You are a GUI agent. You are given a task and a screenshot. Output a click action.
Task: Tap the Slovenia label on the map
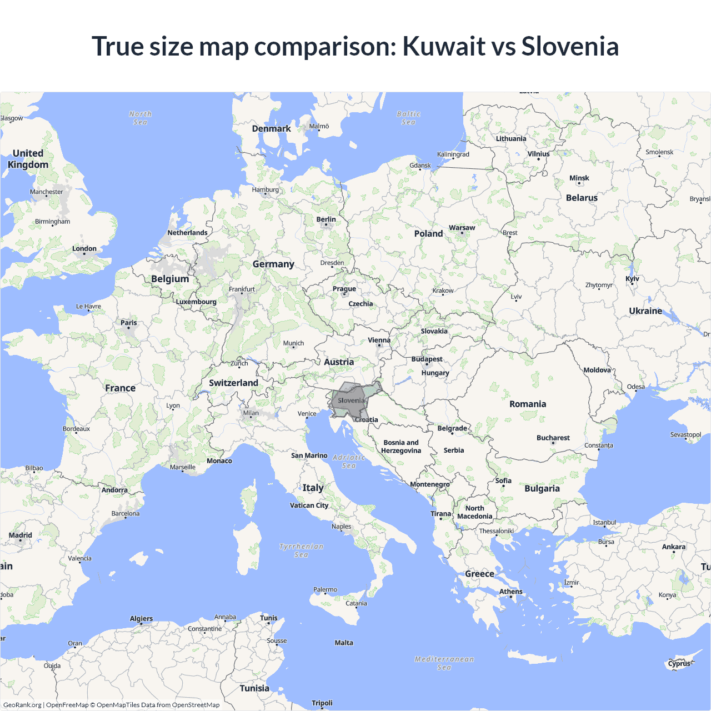351,400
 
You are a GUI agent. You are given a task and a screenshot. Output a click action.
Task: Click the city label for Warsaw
462,228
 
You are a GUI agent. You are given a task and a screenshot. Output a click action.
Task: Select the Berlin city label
326,219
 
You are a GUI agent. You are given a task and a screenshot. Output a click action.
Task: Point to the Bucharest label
553,438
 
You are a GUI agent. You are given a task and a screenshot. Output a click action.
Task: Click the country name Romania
528,404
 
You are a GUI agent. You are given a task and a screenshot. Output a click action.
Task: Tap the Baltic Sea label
409,118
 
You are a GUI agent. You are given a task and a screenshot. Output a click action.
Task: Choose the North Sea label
140,118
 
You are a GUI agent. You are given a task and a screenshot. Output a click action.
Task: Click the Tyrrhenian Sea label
301,550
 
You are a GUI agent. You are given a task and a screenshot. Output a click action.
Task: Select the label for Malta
344,643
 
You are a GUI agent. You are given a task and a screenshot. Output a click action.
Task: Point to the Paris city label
128,323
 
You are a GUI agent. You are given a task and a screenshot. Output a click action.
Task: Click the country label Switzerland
233,383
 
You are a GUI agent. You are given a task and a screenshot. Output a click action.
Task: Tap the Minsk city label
579,178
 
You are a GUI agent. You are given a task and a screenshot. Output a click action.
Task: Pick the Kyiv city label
632,279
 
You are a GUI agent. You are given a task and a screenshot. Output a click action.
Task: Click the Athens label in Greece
510,592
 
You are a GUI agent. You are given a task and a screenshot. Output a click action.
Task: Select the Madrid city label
21,535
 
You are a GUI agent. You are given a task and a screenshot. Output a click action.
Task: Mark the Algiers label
141,619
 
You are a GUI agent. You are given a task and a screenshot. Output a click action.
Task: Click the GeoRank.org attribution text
22,705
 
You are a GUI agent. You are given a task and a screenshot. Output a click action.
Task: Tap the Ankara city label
673,547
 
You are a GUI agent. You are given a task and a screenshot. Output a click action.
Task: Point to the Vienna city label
379,340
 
